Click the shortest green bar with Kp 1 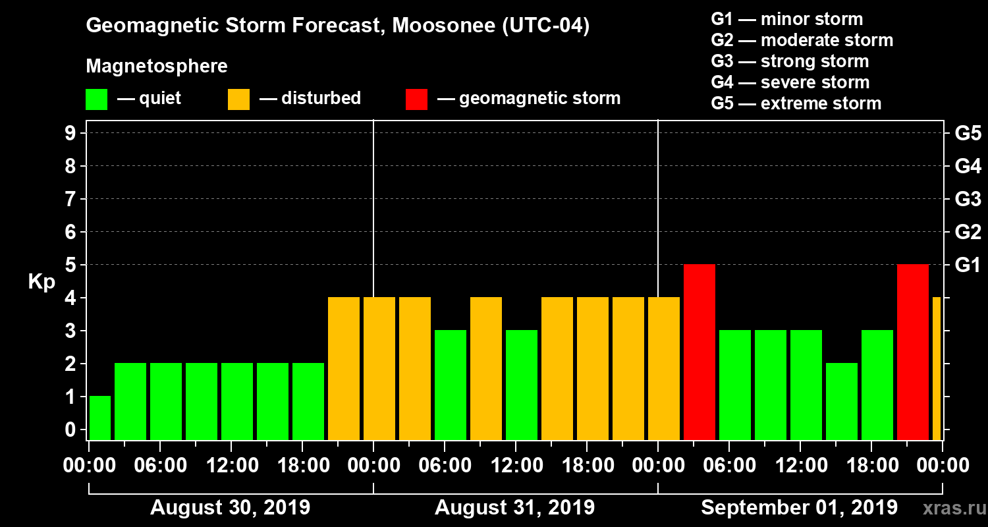[x=100, y=418]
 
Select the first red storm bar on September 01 [x=700, y=352]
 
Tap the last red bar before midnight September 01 [x=913, y=352]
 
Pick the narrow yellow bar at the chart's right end [x=937, y=368]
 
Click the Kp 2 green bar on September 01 [x=842, y=401]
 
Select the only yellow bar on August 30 [x=344, y=368]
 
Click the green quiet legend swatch [x=96, y=99]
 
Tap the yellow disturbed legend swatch [x=238, y=99]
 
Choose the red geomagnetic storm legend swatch [x=416, y=99]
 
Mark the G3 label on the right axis [x=968, y=199]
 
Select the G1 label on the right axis [x=968, y=265]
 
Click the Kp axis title [x=41, y=282]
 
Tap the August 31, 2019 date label [x=514, y=508]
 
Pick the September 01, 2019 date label [x=799, y=508]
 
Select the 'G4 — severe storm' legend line [x=790, y=82]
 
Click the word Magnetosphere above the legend [x=157, y=67]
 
